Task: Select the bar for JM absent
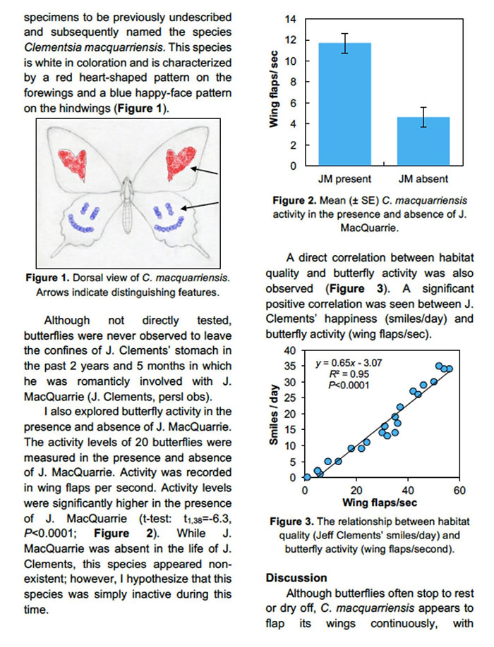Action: [x=423, y=142]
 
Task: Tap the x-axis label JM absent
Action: [x=423, y=178]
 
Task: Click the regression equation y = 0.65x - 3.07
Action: [x=349, y=363]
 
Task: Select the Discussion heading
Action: [x=296, y=578]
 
